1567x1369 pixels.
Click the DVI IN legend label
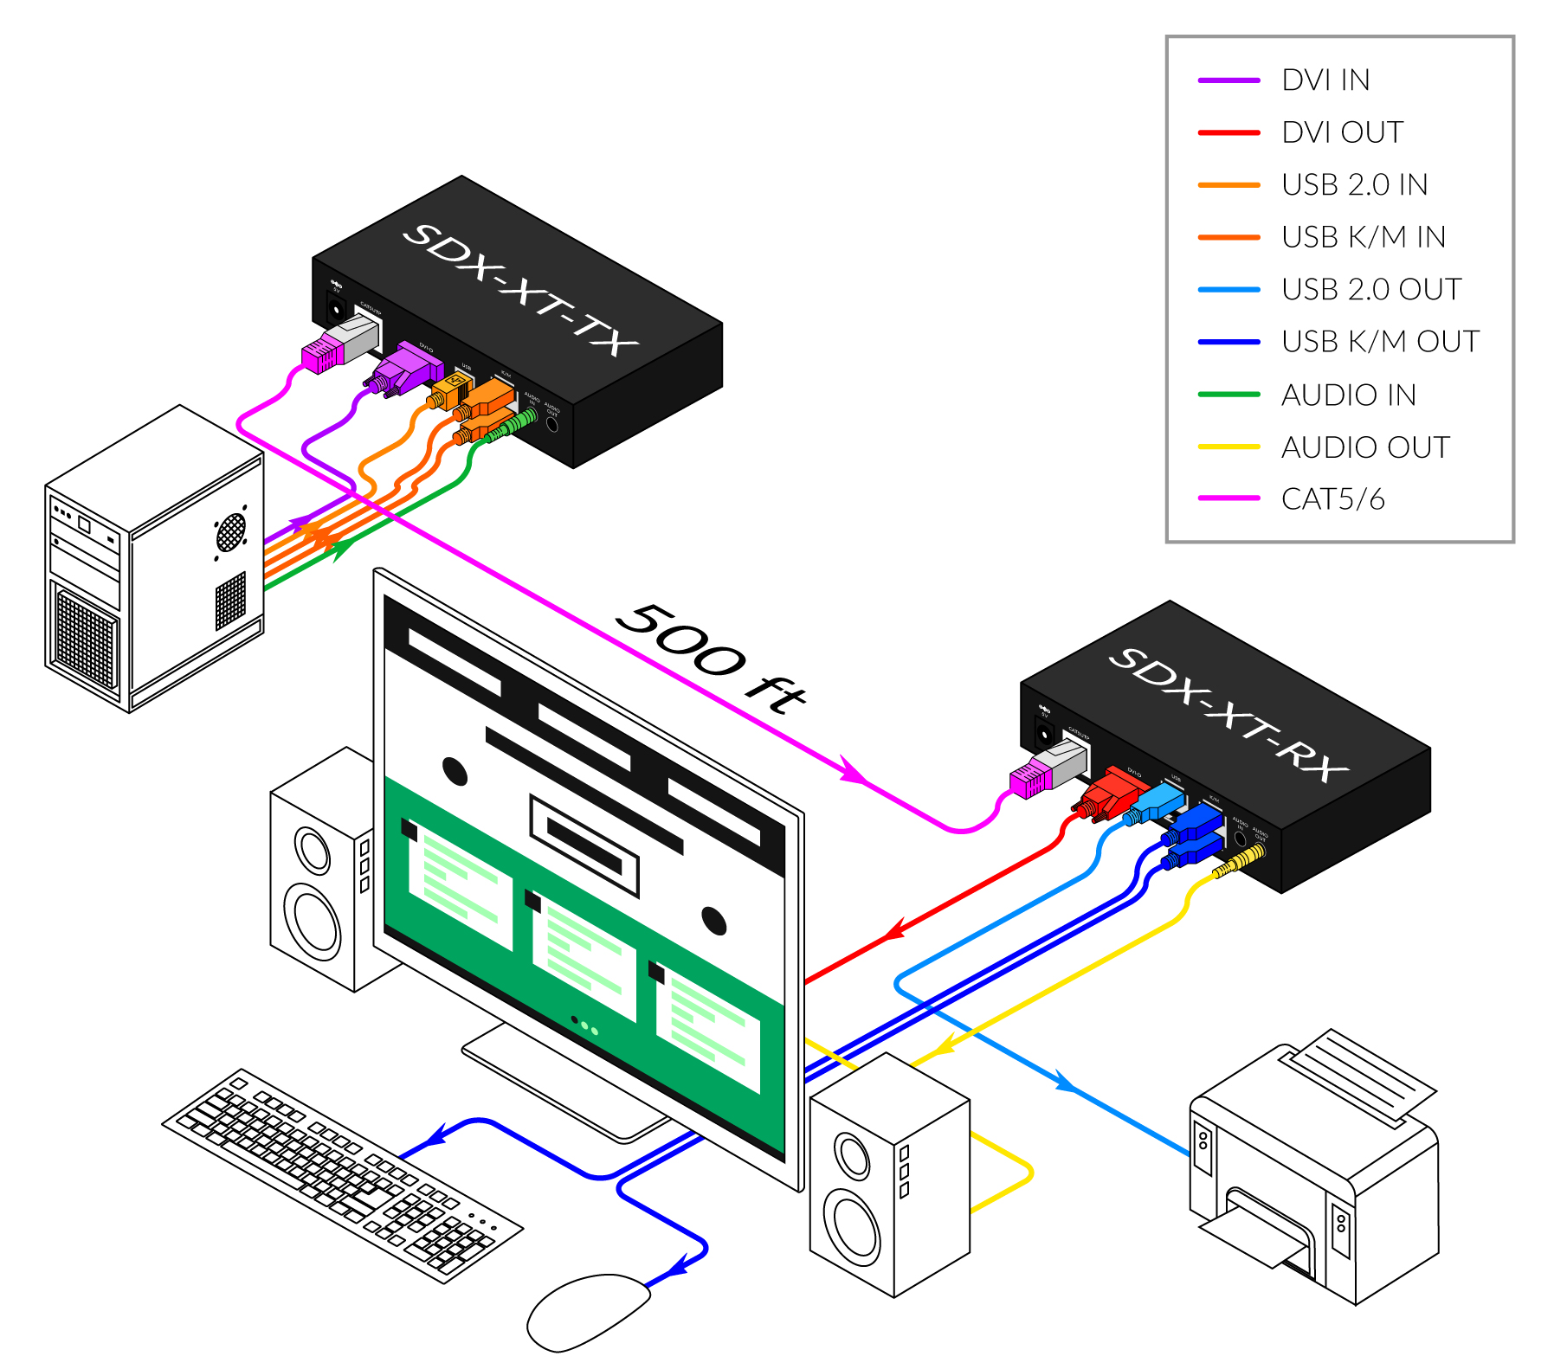tap(1325, 80)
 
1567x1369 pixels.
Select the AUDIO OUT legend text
tap(1365, 447)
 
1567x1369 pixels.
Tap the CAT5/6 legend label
tap(1332, 499)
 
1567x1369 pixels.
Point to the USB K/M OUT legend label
tap(1380, 342)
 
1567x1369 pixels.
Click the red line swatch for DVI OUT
tap(1228, 133)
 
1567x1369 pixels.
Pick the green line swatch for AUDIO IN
tap(1228, 395)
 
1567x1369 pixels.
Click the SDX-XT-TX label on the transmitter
tap(520, 289)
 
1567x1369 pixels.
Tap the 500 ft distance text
tap(710, 658)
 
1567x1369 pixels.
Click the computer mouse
tap(588, 1310)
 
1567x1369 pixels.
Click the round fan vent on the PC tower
tap(231, 531)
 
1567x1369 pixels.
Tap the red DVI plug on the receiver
tap(1108, 794)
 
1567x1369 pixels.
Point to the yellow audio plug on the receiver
tap(1240, 861)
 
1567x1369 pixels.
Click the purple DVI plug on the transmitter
tap(402, 370)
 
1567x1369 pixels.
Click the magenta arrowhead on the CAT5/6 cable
tap(850, 771)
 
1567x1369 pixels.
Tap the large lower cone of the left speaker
tap(315, 921)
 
